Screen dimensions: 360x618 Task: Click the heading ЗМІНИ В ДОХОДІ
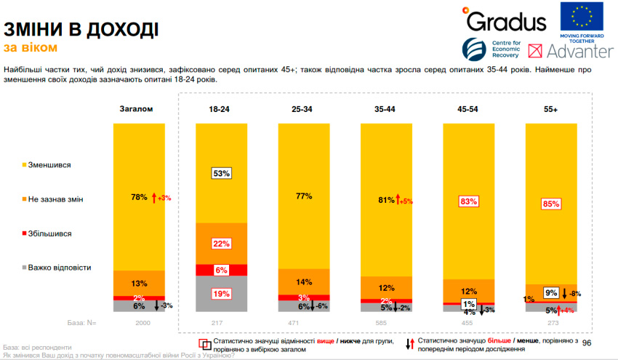coord(81,30)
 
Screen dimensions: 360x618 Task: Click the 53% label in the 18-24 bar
coord(221,173)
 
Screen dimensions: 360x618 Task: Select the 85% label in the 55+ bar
coord(550,204)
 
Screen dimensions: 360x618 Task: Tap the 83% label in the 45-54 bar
coord(468,201)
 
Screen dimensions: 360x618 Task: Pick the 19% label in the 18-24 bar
coord(221,294)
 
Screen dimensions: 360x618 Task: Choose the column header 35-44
coord(385,108)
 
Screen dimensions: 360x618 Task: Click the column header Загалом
coord(137,108)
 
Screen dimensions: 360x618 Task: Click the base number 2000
coord(137,322)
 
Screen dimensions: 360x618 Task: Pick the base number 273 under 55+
coord(550,322)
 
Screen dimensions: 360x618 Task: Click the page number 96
coord(587,343)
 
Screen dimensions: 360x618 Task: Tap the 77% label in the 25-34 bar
coord(303,196)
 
